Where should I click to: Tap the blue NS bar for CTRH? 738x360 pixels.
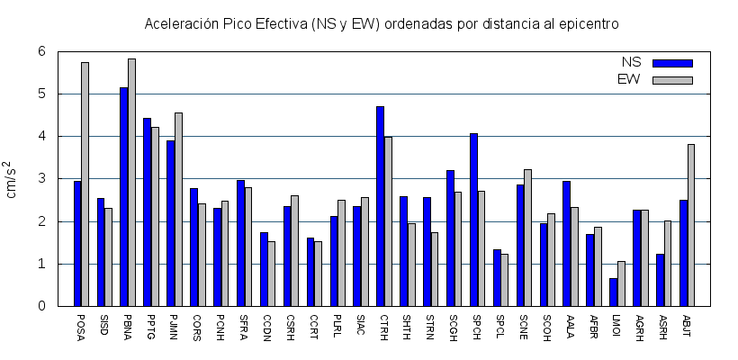(x=381, y=206)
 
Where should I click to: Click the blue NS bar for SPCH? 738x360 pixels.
(x=474, y=220)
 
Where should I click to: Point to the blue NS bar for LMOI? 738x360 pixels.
(x=614, y=292)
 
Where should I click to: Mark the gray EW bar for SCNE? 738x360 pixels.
(x=528, y=238)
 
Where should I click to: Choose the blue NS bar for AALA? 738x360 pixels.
(x=567, y=243)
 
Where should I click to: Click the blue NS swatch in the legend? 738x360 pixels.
(x=672, y=63)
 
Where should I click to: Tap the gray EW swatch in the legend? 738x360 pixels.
(x=672, y=80)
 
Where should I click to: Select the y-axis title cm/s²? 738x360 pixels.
(x=13, y=179)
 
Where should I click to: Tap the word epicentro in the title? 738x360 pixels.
(x=586, y=23)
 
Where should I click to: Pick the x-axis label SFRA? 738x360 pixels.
(x=242, y=325)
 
